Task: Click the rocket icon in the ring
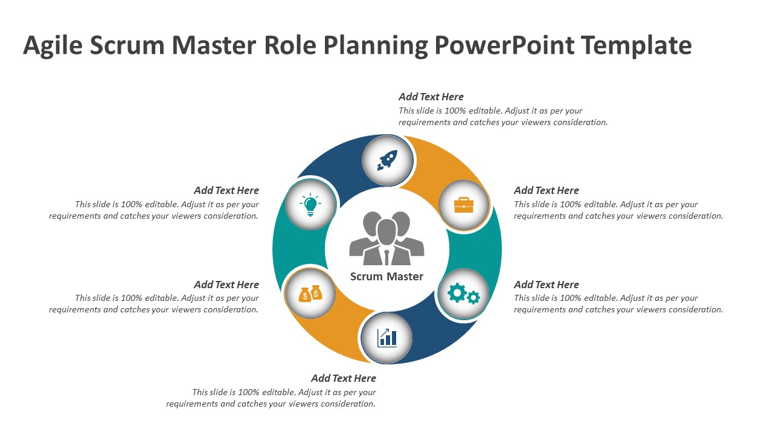[x=387, y=160]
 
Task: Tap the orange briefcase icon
[x=464, y=205]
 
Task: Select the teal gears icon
[x=463, y=294]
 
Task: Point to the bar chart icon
[x=387, y=337]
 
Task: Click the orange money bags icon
[x=310, y=294]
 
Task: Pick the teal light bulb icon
[x=310, y=205]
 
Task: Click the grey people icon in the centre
[x=386, y=238]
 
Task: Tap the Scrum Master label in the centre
[x=386, y=277]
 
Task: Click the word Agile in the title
[x=53, y=46]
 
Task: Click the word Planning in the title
[x=376, y=46]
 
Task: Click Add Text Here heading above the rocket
[x=431, y=97]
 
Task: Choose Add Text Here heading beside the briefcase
[x=547, y=190]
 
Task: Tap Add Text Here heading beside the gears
[x=547, y=285]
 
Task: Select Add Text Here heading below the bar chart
[x=344, y=378]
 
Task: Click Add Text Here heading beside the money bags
[x=226, y=285]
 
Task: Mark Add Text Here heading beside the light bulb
[x=226, y=190]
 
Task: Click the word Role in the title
[x=290, y=45]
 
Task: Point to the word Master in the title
[x=214, y=45]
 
